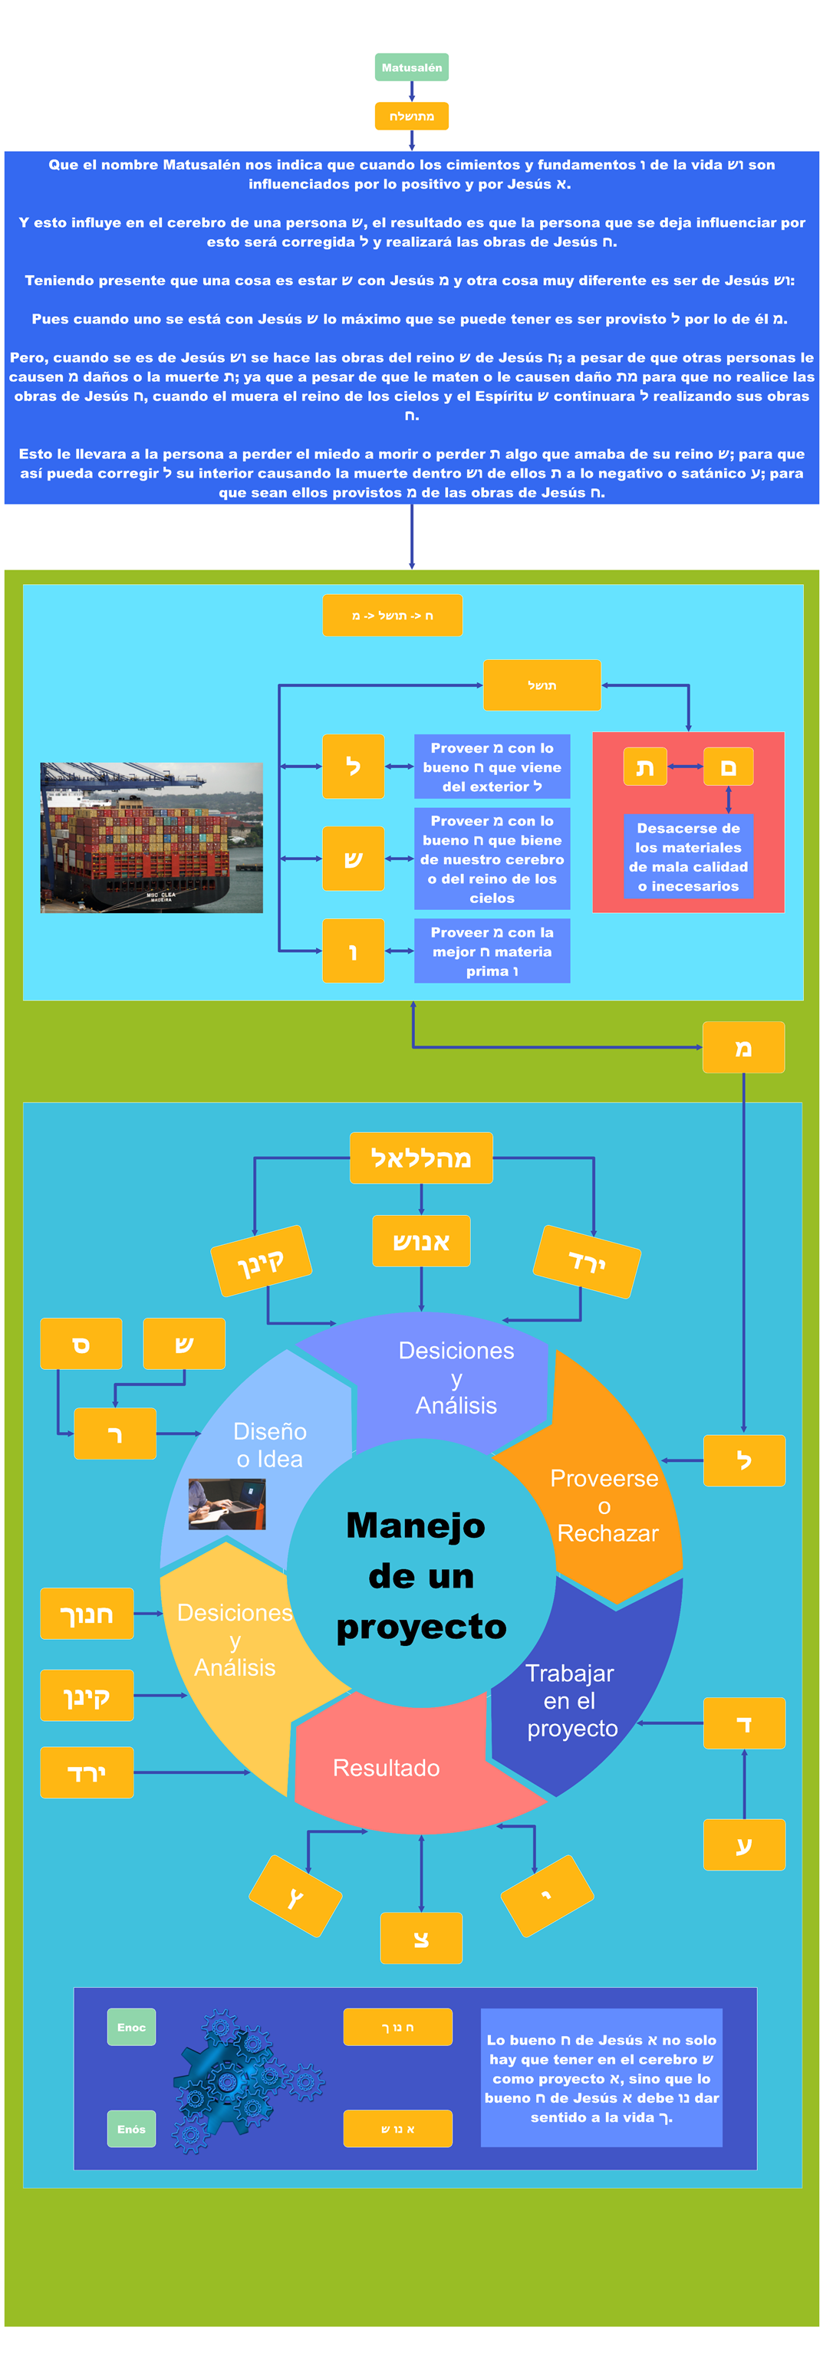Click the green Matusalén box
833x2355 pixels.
[411, 67]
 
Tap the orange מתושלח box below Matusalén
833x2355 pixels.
[411, 116]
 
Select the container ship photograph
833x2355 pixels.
[152, 837]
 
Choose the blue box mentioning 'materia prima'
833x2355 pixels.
[492, 951]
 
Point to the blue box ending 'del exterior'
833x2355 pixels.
[492, 767]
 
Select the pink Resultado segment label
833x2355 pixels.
[386, 1767]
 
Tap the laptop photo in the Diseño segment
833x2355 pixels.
[227, 1504]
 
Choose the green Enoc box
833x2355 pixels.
[132, 2027]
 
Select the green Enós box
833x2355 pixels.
[132, 2129]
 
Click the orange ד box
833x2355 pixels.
[743, 1723]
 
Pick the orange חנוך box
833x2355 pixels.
[87, 1614]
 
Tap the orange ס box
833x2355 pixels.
[81, 1343]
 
